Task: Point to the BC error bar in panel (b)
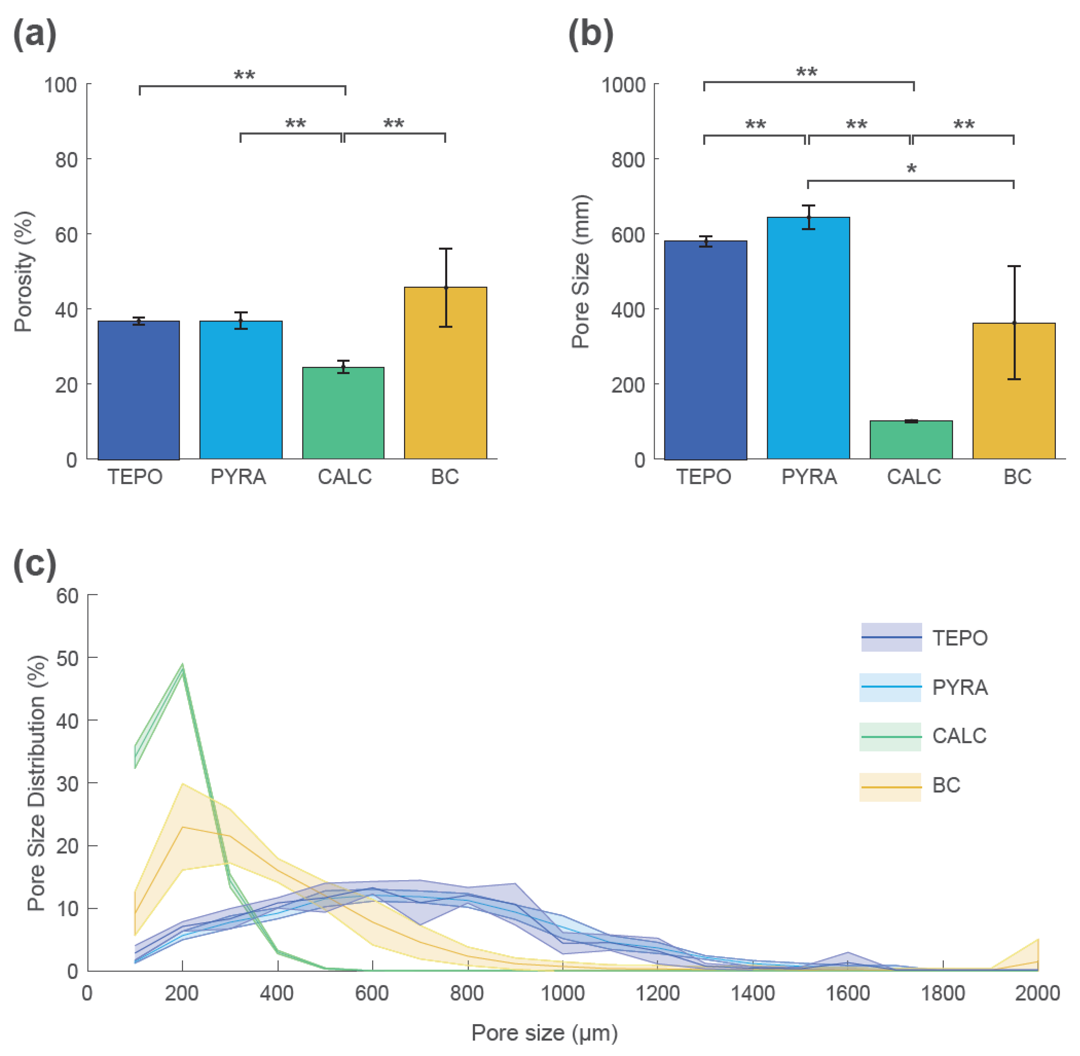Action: [1014, 323]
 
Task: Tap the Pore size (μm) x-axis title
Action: [544, 1033]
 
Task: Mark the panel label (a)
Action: [34, 34]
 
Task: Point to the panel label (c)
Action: [34, 565]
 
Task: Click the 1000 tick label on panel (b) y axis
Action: [624, 85]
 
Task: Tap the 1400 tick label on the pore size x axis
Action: [753, 993]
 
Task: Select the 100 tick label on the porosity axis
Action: [61, 85]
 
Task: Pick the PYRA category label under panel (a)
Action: [238, 477]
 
